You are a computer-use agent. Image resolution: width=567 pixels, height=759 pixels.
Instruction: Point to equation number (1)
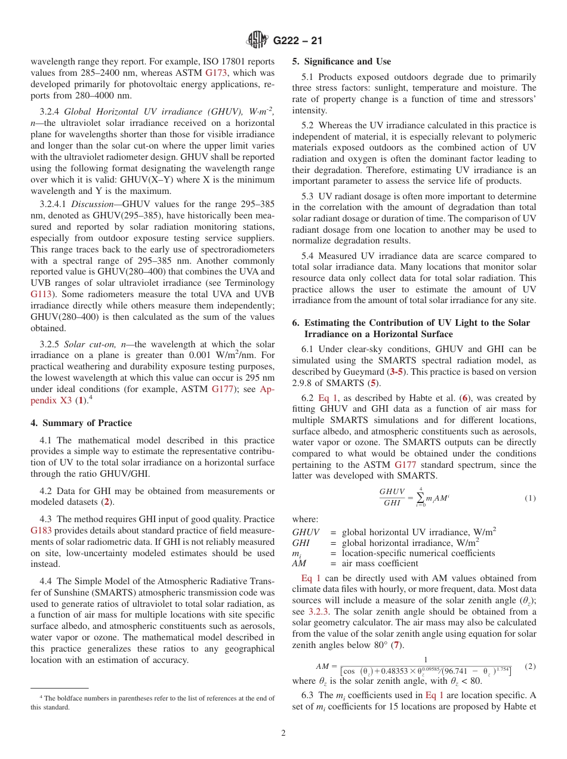(x=530, y=498)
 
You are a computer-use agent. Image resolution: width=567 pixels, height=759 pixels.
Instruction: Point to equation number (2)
(x=530, y=666)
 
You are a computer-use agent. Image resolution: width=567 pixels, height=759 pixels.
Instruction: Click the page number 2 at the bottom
(x=283, y=733)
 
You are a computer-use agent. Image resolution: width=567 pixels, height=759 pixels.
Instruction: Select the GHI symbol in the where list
(x=300, y=543)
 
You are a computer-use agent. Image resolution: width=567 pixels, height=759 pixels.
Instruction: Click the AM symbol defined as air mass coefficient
(x=298, y=563)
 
